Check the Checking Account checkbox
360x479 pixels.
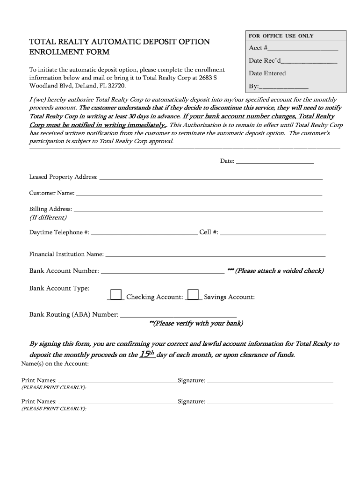tap(116, 294)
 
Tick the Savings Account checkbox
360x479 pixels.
tap(193, 294)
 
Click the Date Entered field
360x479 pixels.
tap(312, 74)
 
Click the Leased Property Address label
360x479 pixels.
tap(64, 177)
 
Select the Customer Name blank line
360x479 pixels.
tap(199, 194)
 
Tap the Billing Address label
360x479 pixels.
tap(50, 209)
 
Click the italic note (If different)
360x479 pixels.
tap(48, 218)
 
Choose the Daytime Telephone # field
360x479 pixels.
tap(144, 232)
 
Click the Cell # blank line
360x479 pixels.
tap(273, 232)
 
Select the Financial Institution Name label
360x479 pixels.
tap(66, 254)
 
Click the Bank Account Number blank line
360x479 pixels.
tap(162, 271)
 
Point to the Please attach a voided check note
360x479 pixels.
tap(275, 271)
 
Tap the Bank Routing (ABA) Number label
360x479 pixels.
tap(74, 314)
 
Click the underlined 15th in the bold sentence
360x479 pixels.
tap(147, 355)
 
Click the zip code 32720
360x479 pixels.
tap(116, 86)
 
